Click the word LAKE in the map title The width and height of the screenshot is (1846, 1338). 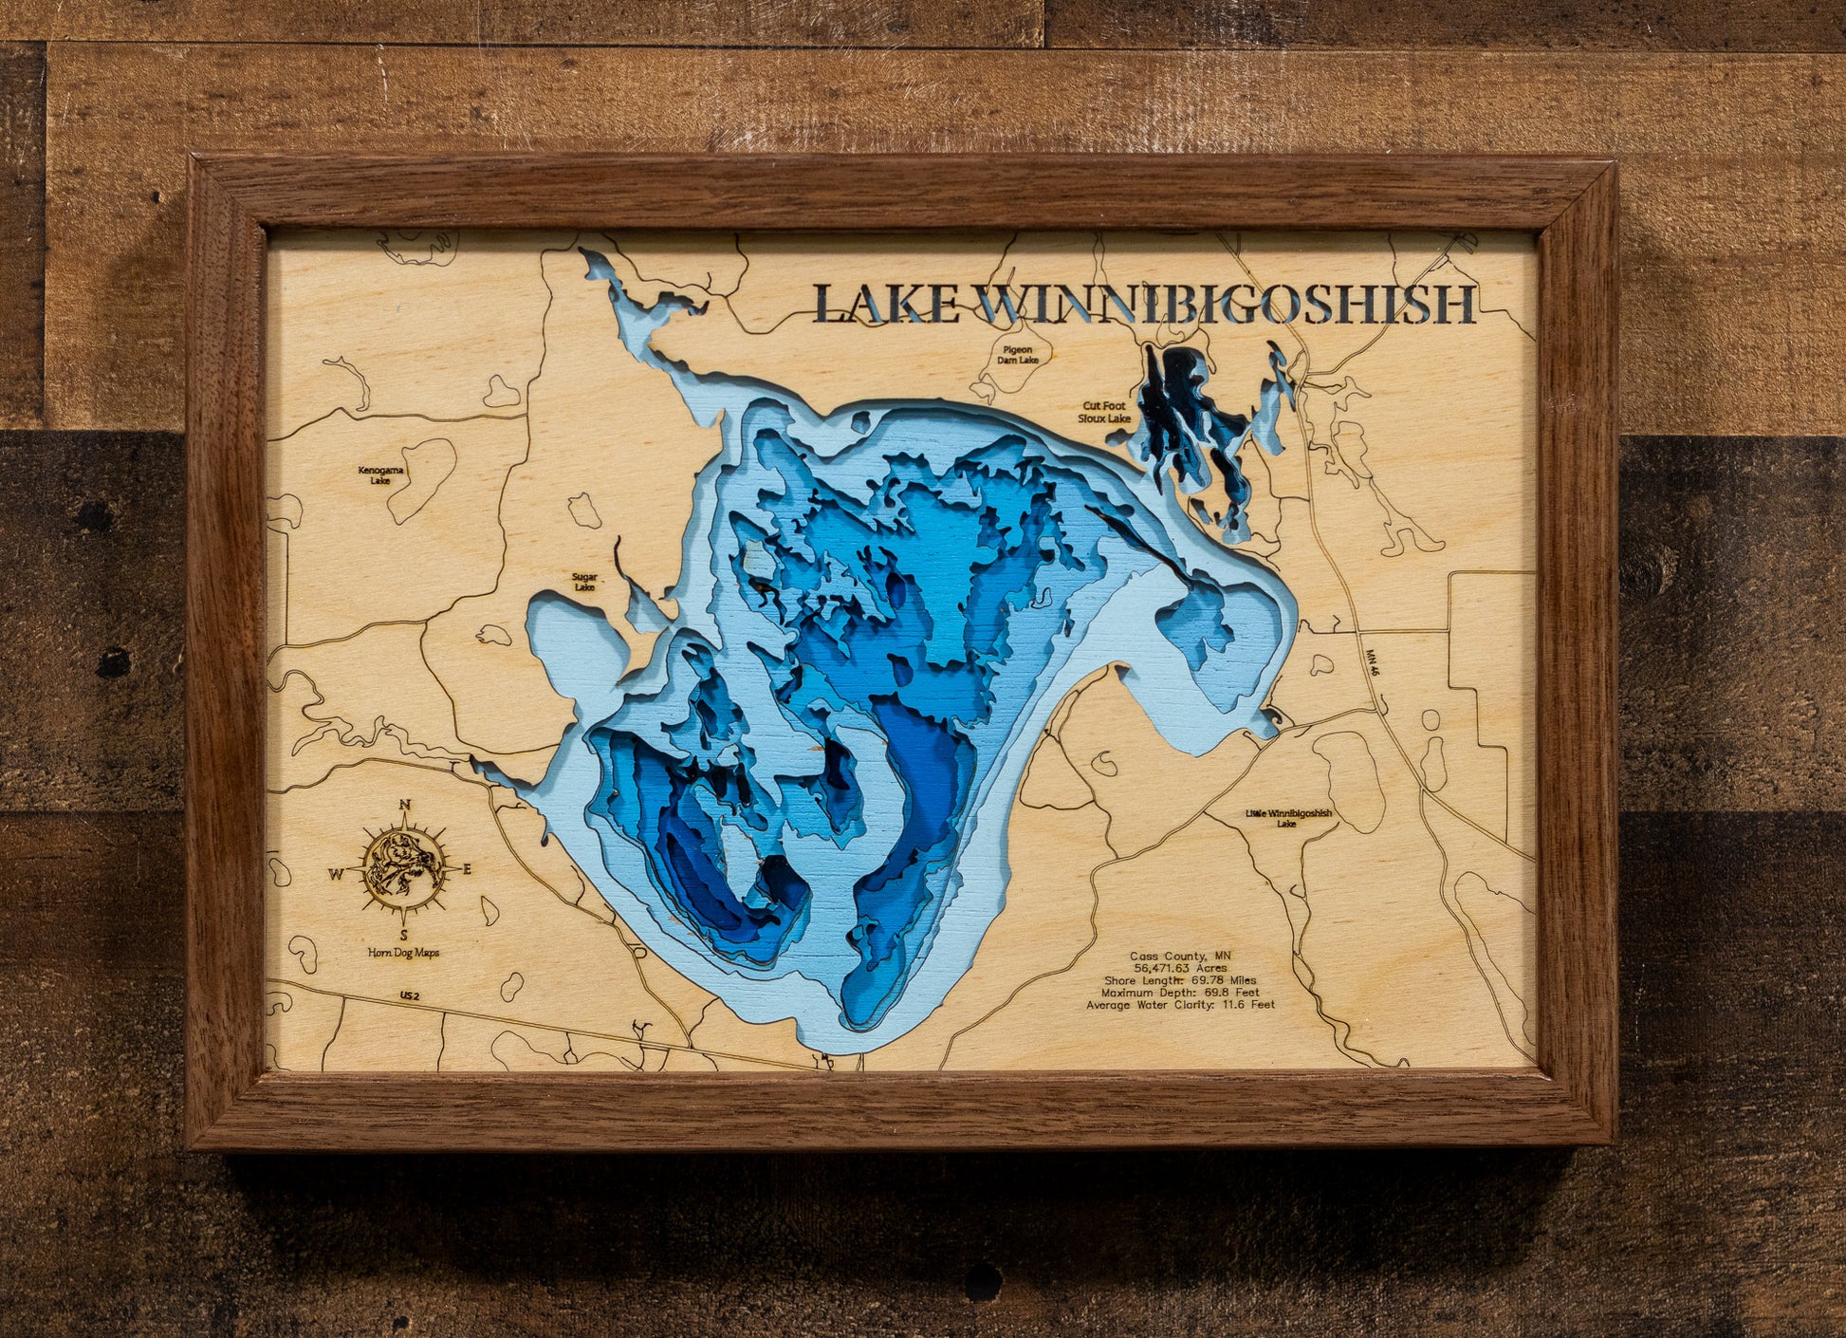coord(887,304)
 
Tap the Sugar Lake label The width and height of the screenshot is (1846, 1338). coord(584,581)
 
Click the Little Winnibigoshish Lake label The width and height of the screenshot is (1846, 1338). coord(1288,818)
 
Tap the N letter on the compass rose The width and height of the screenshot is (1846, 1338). coord(405,805)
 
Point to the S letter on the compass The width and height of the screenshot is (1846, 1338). coord(405,934)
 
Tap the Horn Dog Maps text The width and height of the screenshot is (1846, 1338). coord(405,952)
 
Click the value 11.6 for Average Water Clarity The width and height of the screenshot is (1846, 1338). coord(1230,1004)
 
